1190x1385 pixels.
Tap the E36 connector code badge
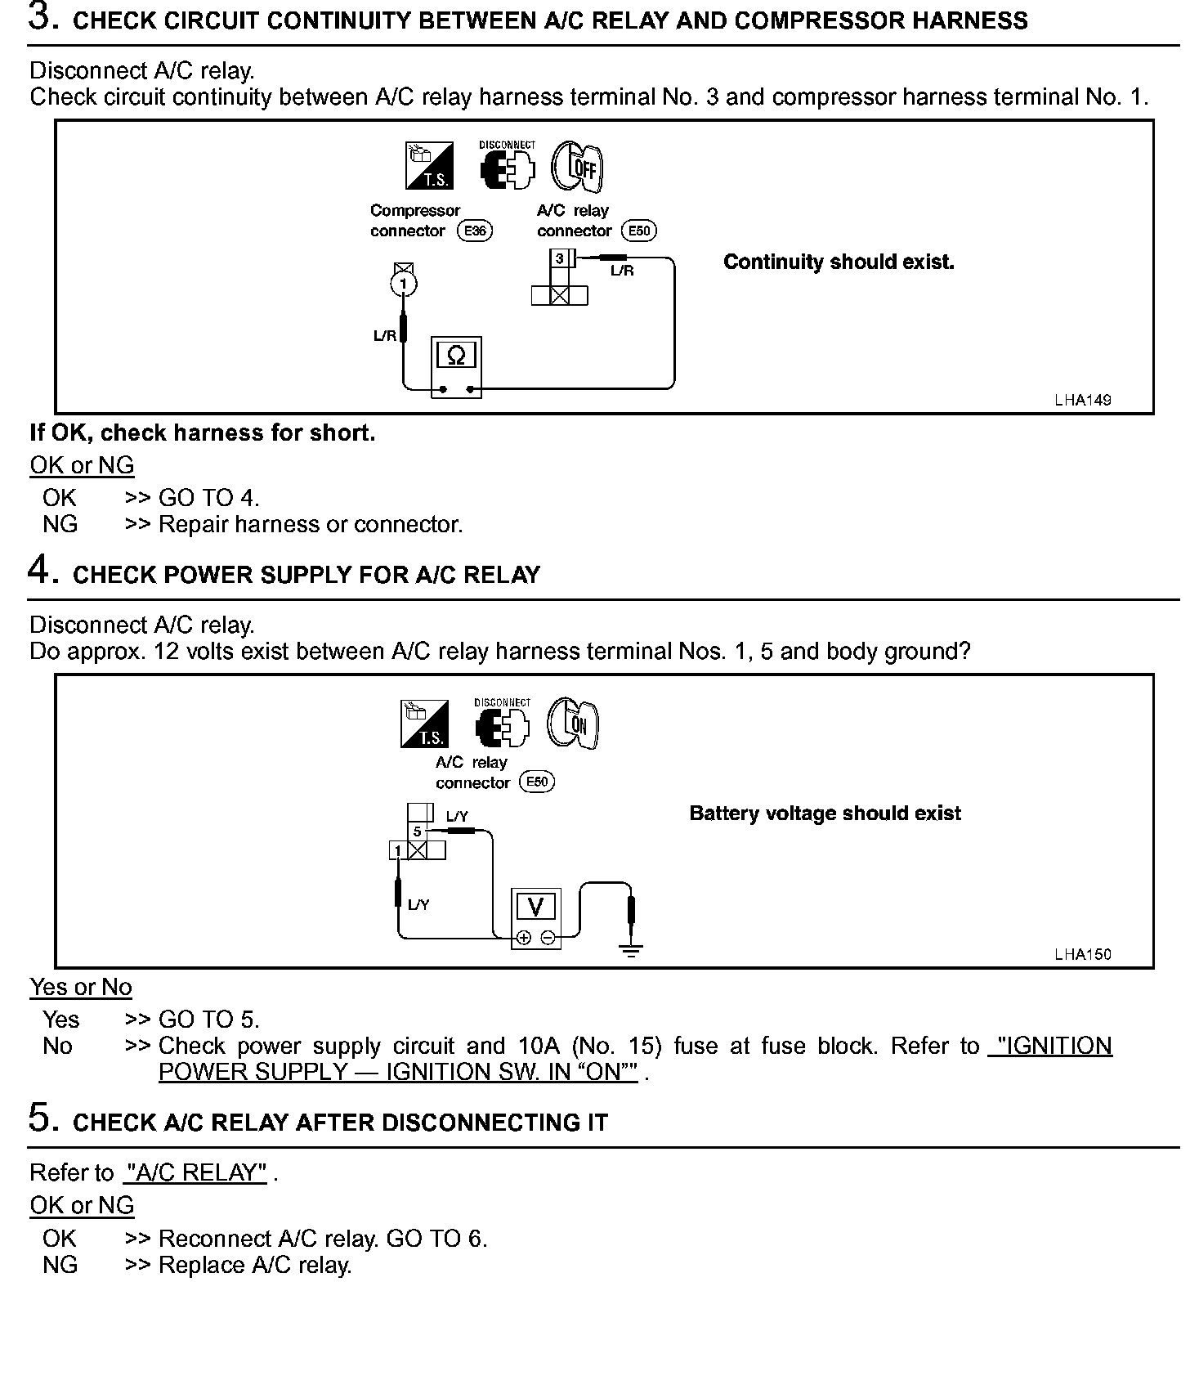coord(475,231)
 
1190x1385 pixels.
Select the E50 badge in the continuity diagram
coord(639,231)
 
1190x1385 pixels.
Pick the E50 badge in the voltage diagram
coord(537,782)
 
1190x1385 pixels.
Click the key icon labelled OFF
coord(577,167)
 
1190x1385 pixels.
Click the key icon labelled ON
coord(573,723)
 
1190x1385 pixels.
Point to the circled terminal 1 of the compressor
coord(404,284)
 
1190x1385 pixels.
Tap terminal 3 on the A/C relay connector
coord(560,259)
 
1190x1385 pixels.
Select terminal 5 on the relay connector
coord(417,831)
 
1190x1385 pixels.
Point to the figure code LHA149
coord(1082,401)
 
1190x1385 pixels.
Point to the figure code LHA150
coord(1082,954)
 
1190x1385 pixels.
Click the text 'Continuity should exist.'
coord(839,262)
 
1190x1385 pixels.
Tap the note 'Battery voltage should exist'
coord(825,814)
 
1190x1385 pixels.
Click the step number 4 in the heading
coord(40,570)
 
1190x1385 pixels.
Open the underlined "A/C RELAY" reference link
coord(195,1173)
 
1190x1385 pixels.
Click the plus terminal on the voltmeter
coord(524,938)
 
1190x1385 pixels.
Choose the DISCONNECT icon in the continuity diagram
coord(507,167)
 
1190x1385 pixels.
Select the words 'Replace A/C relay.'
coord(255,1266)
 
